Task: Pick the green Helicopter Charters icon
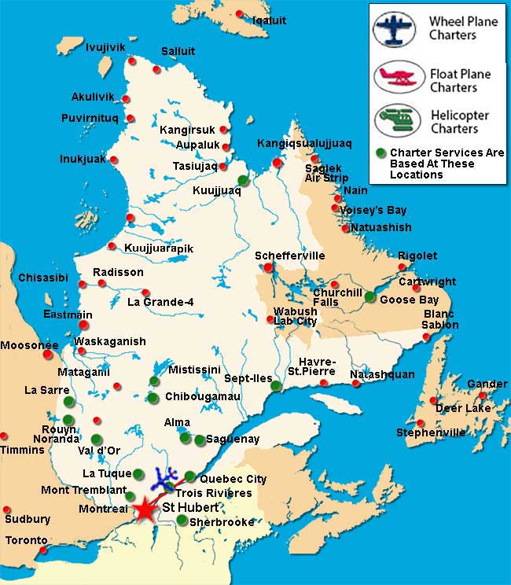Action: [399, 120]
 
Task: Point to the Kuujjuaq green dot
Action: [243, 180]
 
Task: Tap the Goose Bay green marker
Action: [370, 296]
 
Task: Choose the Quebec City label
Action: [233, 479]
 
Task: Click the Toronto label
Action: [26, 541]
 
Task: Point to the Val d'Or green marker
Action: [96, 440]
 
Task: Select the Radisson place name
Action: [118, 272]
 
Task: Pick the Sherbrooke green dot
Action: [182, 520]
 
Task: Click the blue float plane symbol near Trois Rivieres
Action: [166, 476]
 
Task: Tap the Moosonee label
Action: [29, 345]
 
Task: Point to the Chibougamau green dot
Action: [153, 397]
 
